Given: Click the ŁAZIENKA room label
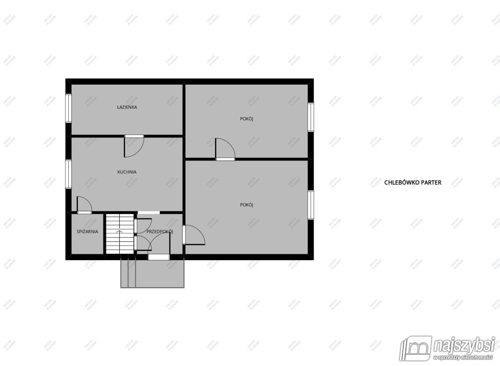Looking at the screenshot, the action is pos(127,107).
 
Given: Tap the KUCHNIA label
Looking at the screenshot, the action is pos(127,172).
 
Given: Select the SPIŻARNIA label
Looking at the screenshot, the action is pos(87,232).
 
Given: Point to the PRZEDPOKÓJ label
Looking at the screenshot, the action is pos(160,232).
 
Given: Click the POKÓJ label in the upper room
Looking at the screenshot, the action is pos(246,119).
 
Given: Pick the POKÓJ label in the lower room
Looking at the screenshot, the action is pos(246,205).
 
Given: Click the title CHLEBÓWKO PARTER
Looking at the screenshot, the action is pos(413,183).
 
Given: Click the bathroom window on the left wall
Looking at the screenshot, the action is pos(68,108).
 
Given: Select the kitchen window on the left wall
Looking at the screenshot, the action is pos(68,174).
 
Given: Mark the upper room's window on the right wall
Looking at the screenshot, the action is pos(311,117).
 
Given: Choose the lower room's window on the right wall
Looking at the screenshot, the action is pos(311,205).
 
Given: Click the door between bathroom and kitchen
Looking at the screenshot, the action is pos(134,146).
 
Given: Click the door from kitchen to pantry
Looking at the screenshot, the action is pos(84,205).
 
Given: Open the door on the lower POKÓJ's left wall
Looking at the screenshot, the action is pos(193,235).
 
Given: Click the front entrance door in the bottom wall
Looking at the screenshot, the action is pos(159,257).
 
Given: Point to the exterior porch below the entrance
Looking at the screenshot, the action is pos(152,274).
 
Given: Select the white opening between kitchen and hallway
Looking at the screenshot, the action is pos(149,213).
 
